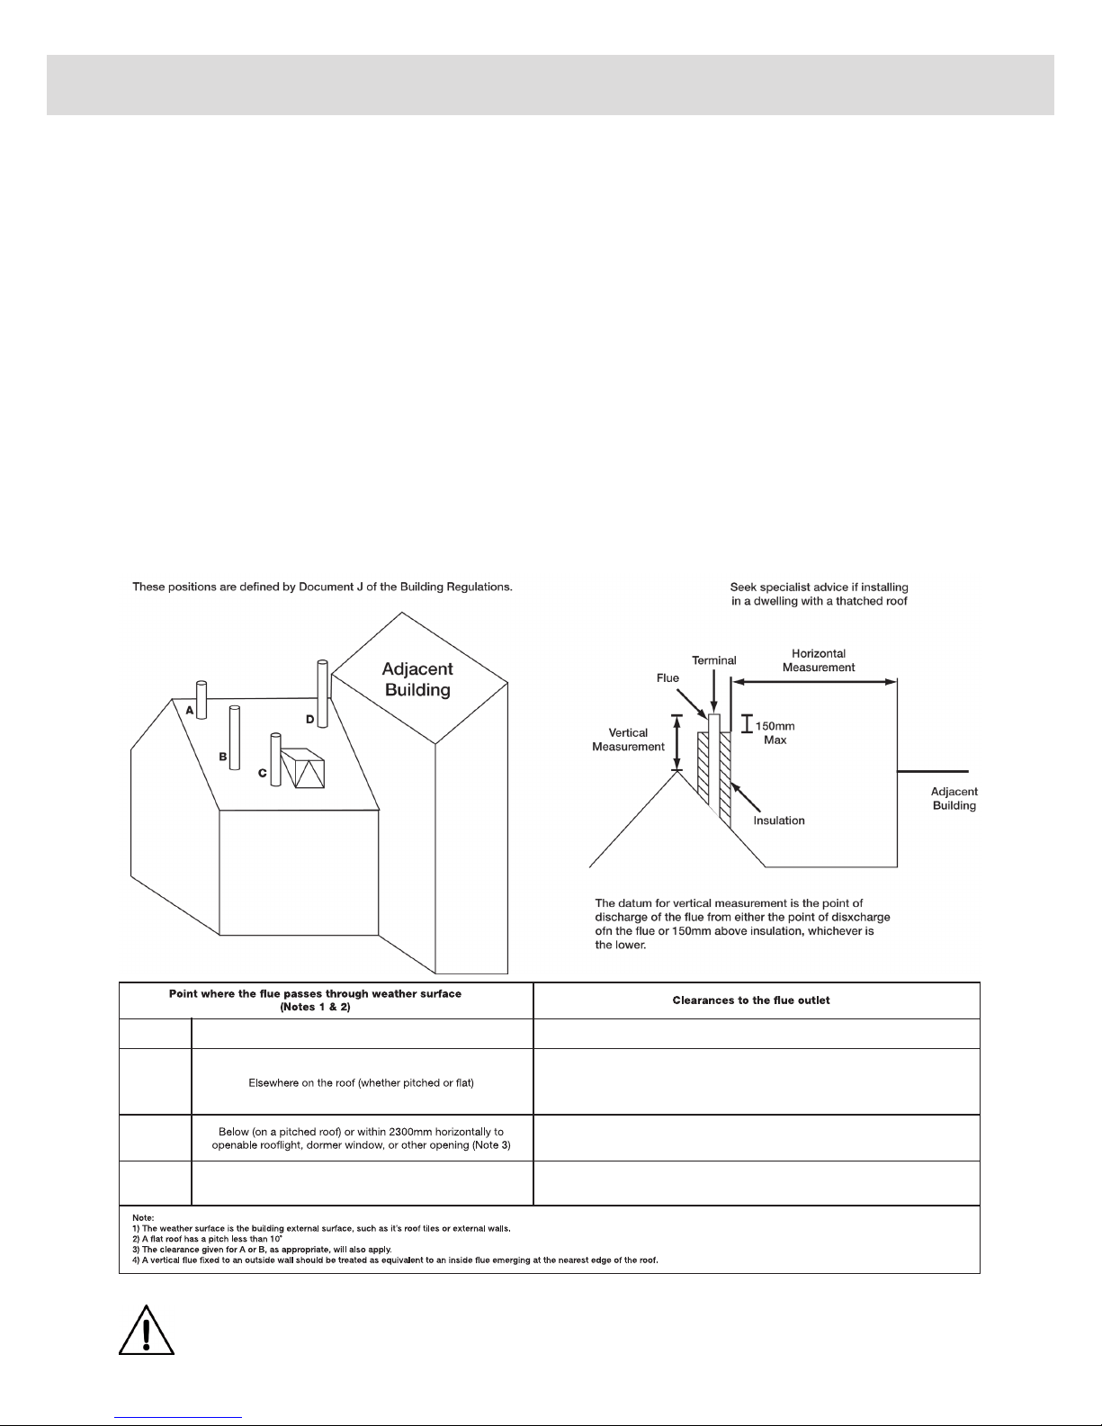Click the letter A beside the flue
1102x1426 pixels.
pos(191,710)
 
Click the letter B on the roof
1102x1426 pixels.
pos(222,757)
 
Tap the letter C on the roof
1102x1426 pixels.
pos(262,772)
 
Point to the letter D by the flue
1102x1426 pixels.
pos(309,719)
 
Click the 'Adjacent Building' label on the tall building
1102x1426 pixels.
pos(417,679)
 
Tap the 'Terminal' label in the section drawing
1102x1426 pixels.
pos(713,660)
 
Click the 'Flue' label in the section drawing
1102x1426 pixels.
pos(667,679)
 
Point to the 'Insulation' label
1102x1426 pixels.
pos(779,821)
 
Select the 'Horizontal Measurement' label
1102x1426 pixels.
pos(818,660)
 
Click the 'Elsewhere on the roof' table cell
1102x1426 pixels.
pos(361,1082)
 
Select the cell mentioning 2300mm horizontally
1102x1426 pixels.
pos(362,1138)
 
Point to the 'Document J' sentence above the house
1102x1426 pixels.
pos(322,587)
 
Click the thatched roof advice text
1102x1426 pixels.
pos(818,594)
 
